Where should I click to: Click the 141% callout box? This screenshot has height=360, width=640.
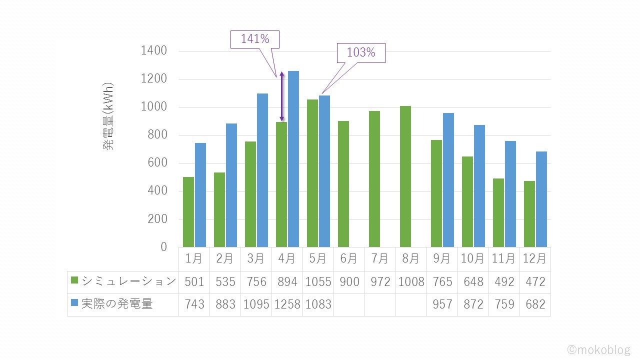pos(254,39)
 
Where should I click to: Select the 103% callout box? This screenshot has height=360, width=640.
pos(360,52)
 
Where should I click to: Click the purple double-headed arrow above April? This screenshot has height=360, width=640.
pos(281,96)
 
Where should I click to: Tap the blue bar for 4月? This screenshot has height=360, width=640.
pos(293,159)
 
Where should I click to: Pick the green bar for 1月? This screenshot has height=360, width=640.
pos(188,212)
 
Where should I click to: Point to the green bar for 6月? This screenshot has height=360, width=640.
pos(343,184)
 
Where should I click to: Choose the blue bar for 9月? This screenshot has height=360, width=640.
pos(448,180)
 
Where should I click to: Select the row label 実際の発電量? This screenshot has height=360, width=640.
pos(116,304)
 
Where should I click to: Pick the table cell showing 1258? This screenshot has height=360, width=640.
pos(286,304)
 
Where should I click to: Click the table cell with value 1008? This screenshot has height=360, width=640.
pos(411,282)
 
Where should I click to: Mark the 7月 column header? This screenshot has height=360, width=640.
pos(380,259)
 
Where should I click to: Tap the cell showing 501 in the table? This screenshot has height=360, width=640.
pos(194,282)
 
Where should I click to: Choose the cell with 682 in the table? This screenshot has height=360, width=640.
pos(535,304)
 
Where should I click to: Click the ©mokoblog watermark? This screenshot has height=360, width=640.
pos(598,349)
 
